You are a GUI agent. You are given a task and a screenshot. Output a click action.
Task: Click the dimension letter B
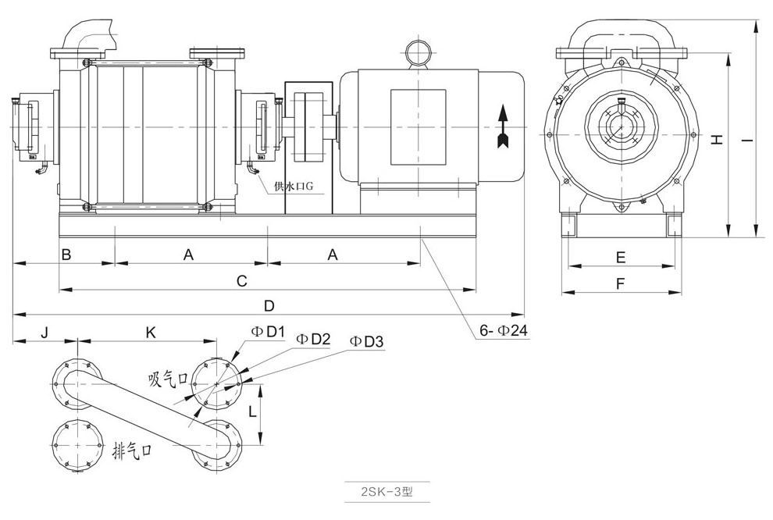[67, 254]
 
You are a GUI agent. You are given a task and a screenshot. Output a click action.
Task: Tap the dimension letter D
[269, 305]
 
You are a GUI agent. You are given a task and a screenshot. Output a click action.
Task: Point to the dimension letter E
[621, 257]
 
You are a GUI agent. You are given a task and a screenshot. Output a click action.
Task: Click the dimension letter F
[621, 284]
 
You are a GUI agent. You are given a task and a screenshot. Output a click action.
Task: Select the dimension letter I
[746, 140]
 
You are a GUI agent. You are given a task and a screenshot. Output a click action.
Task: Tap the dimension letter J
[45, 332]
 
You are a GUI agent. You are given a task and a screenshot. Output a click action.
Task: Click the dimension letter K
[151, 332]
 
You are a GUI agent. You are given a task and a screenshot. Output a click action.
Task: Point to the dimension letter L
[251, 411]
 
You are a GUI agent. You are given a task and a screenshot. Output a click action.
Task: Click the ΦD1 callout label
[266, 332]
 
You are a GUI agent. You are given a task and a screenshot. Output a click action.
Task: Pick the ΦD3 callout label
[366, 341]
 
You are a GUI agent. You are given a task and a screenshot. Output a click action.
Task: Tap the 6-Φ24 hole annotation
[504, 331]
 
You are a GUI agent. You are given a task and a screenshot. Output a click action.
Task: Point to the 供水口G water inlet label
[294, 187]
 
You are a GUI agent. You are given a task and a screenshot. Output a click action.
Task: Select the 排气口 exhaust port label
[131, 450]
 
